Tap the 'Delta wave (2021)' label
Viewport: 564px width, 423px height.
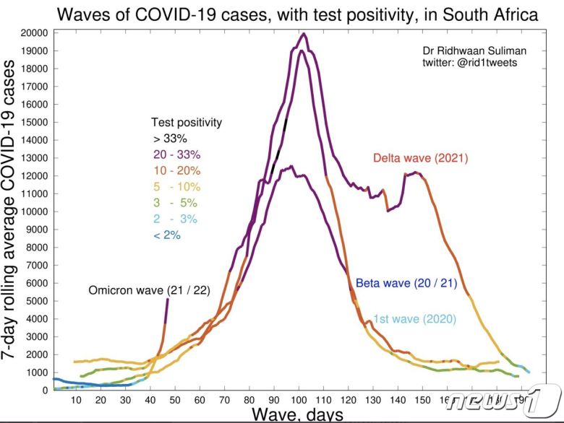pos(422,158)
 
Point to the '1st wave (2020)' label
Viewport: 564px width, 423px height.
pos(414,318)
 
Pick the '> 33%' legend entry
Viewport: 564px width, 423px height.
pos(169,138)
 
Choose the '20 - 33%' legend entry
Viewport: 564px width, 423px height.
pos(176,154)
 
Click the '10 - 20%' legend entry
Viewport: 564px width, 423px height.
pos(176,170)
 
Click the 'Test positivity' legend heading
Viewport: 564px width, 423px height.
pos(186,122)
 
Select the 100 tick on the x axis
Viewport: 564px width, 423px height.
pos(297,399)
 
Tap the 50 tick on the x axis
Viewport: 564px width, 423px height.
pos(176,399)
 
